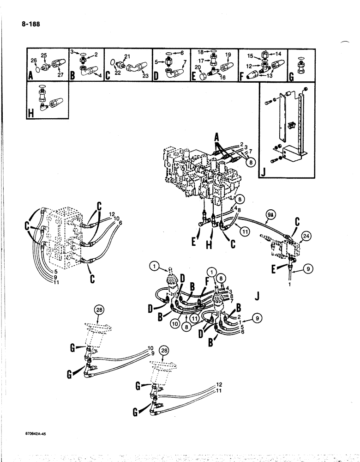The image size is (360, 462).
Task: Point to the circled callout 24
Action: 305,237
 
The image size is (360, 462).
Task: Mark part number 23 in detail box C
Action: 145,77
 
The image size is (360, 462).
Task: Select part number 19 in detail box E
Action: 228,55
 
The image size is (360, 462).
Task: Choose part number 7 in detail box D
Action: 185,62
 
